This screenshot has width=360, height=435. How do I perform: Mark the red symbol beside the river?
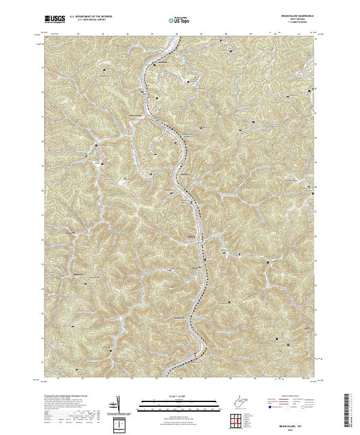tap(194, 355)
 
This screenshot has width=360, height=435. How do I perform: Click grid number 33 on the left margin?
tap(43, 67)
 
